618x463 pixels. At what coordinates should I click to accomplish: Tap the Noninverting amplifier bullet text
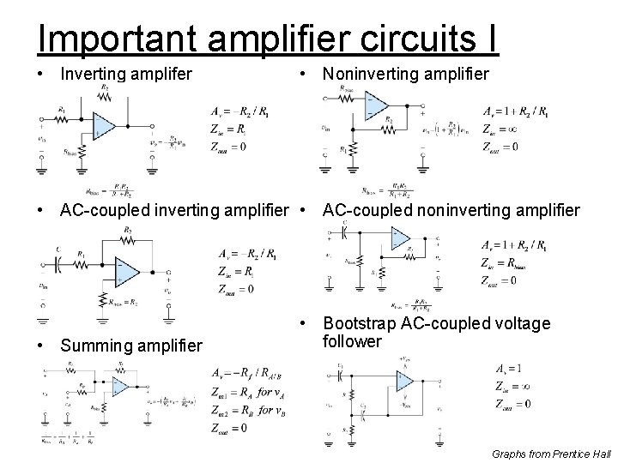(405, 75)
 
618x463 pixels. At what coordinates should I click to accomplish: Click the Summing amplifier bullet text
(130, 346)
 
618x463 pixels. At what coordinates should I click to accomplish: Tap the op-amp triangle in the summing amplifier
(119, 388)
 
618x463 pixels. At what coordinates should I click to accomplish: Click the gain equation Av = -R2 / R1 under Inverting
(244, 111)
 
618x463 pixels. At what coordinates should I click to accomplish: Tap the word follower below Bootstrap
(352, 342)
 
